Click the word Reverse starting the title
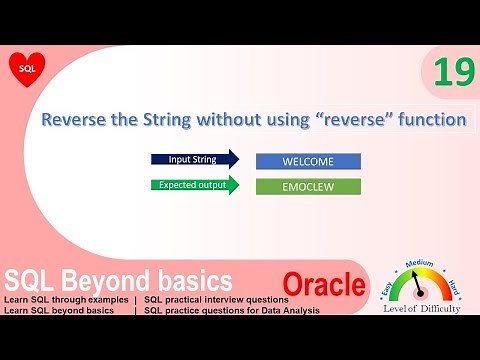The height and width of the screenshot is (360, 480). (x=75, y=120)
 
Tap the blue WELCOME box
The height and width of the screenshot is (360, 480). (x=308, y=160)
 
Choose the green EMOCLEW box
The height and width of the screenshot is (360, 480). (x=308, y=185)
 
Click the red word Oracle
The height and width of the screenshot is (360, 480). (x=323, y=285)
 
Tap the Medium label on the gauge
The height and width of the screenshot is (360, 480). (x=421, y=263)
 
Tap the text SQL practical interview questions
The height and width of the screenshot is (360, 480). (x=216, y=300)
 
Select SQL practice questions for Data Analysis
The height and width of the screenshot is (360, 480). (x=231, y=311)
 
